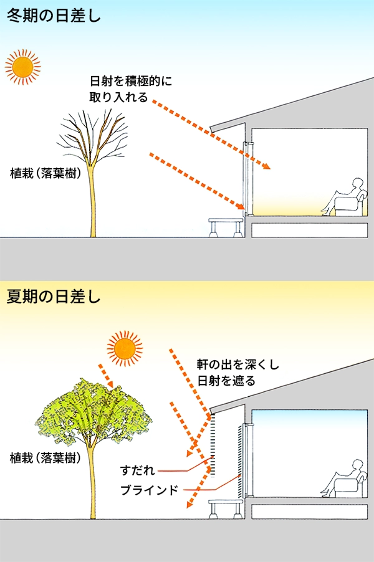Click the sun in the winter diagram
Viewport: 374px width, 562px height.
click(x=22, y=65)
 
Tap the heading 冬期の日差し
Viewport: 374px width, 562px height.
click(x=53, y=15)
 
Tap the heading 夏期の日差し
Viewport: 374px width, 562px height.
click(x=53, y=297)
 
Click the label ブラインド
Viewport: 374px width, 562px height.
click(x=150, y=490)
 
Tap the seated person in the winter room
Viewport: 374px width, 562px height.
click(x=345, y=198)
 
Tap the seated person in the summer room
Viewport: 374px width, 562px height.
click(x=345, y=478)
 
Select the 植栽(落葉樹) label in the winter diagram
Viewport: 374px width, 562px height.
click(x=46, y=174)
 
